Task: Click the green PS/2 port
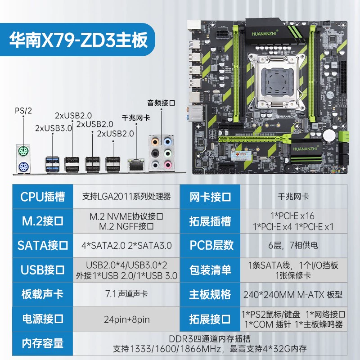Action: pyautogui.click(x=23, y=151)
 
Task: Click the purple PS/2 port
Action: pyautogui.click(x=23, y=166)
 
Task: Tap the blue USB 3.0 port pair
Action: pyautogui.click(x=52, y=164)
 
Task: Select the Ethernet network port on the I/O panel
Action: pyautogui.click(x=136, y=165)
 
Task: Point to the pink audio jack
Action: pyautogui.click(x=168, y=164)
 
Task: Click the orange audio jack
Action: pyautogui.click(x=155, y=142)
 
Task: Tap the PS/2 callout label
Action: pyautogui.click(x=23, y=111)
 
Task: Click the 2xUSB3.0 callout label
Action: pyautogui.click(x=54, y=128)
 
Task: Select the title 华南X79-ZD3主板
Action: pyautogui.click(x=78, y=40)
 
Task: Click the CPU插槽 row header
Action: pyautogui.click(x=43, y=197)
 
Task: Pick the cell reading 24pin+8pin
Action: pyautogui.click(x=126, y=319)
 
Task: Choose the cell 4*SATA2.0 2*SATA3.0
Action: pyautogui.click(x=126, y=245)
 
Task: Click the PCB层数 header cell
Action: pyautogui.click(x=210, y=245)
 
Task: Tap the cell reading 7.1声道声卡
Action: pyautogui.click(x=126, y=294)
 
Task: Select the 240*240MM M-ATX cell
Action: pyautogui.click(x=293, y=294)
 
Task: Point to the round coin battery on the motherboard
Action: pyautogui.click(x=329, y=135)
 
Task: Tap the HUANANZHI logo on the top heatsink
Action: pyautogui.click(x=264, y=33)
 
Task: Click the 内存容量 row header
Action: pyautogui.click(x=43, y=343)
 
